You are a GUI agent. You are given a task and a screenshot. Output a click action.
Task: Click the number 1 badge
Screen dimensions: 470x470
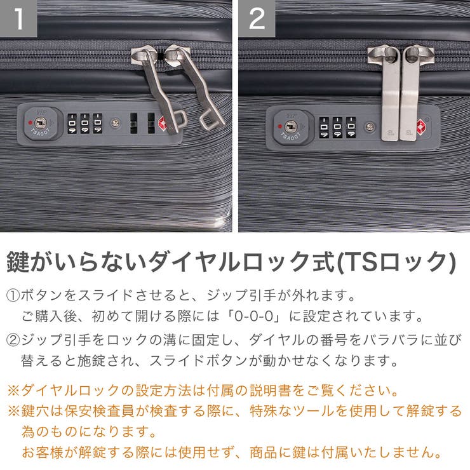pyautogui.click(x=18, y=18)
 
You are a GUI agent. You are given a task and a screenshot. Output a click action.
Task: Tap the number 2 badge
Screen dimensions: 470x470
pyautogui.click(x=257, y=18)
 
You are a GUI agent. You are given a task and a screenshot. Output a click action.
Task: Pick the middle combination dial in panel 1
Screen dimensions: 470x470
pyautogui.click(x=84, y=123)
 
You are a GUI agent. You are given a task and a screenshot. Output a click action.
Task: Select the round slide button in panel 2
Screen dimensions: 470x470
pyautogui.click(x=369, y=126)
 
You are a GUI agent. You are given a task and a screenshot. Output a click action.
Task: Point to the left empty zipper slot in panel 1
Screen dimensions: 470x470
pyautogui.click(x=133, y=123)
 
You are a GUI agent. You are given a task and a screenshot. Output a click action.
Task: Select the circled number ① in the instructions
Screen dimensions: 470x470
pyautogui.click(x=13, y=296)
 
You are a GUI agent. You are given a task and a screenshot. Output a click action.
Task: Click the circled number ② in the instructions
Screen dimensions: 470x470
pyautogui.click(x=13, y=340)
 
